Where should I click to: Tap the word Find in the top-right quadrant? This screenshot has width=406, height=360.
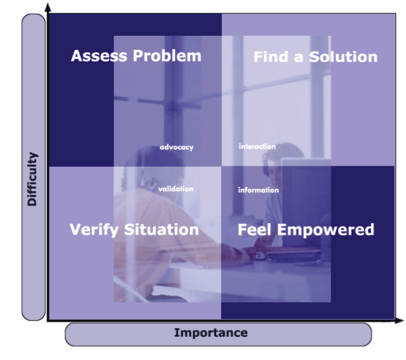point(271,57)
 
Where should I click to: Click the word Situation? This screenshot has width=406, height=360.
point(162,230)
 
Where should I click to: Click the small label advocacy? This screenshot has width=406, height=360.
point(177,147)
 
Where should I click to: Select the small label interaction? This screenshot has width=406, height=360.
point(257,147)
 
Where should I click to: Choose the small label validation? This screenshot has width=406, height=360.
point(175,189)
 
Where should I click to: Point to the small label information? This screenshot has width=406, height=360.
point(258,190)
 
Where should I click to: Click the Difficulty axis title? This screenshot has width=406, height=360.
point(33,179)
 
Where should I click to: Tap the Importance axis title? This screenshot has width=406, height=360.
point(211,333)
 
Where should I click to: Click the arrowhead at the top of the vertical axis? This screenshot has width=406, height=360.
point(48,8)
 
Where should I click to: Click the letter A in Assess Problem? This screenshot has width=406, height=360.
point(77,56)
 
